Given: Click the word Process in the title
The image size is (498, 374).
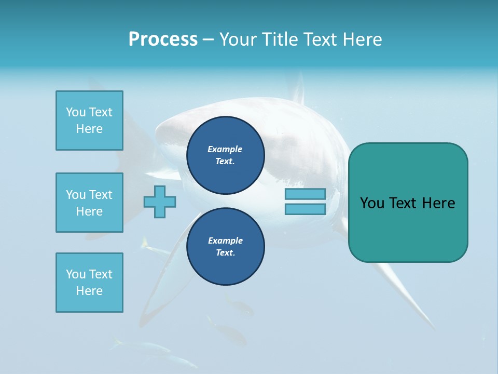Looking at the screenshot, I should coord(163,39).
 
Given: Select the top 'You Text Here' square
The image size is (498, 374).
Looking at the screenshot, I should coord(89,121).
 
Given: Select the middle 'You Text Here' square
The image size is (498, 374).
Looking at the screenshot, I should coord(89,203).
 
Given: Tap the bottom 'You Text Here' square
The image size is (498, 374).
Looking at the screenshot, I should coord(89,283).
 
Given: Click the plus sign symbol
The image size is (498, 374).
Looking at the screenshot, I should coord(160,202).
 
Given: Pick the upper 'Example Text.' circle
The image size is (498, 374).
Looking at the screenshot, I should coord(225,155).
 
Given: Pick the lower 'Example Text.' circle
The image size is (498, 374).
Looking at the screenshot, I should coord(225,247).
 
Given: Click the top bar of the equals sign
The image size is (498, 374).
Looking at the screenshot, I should coord(305,194).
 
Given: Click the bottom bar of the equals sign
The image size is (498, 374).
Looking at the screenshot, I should coord(305,209).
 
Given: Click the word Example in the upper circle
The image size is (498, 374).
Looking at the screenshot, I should coord(225,149).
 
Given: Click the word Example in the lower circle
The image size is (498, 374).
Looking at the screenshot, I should coord(225,241).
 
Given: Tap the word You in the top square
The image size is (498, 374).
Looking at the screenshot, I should coord(76,112).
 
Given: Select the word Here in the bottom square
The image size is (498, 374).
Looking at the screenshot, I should coord(89,291).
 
